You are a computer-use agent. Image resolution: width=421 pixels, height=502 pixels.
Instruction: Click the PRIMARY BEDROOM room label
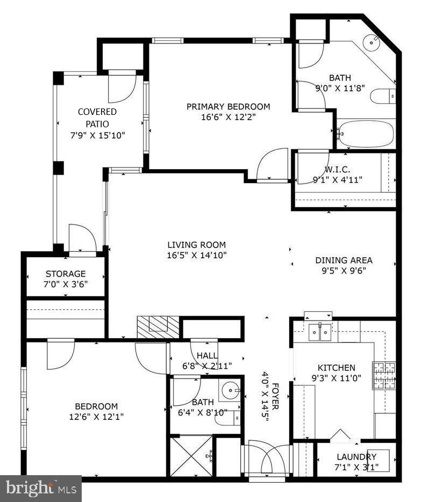tap(228, 107)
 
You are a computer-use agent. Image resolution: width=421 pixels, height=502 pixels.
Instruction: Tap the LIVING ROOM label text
tap(196, 245)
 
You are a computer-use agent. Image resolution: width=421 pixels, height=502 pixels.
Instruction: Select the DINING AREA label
tap(344, 261)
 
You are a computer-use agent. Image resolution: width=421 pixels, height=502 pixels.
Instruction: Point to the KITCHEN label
tap(336, 368)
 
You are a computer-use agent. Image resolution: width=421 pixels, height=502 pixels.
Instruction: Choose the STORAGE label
tap(65, 274)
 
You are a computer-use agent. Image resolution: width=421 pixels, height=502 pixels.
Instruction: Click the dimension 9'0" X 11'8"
tap(340, 88)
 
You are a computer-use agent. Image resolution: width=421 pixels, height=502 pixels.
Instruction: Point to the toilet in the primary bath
tap(384, 96)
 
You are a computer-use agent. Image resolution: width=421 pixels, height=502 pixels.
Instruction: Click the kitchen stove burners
tap(384, 375)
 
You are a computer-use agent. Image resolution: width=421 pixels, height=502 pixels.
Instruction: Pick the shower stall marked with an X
tap(191, 456)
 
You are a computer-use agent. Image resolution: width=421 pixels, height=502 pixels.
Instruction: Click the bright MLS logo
tap(40, 488)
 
